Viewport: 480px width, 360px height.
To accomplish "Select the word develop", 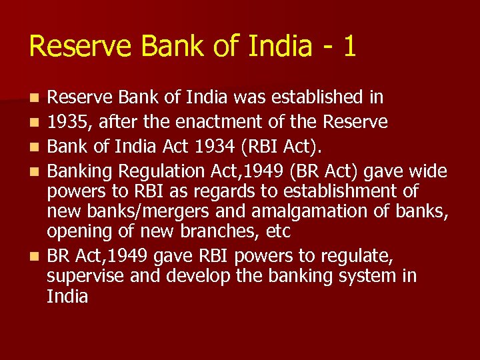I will click(193, 276).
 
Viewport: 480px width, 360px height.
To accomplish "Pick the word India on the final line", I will click(67, 296).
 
